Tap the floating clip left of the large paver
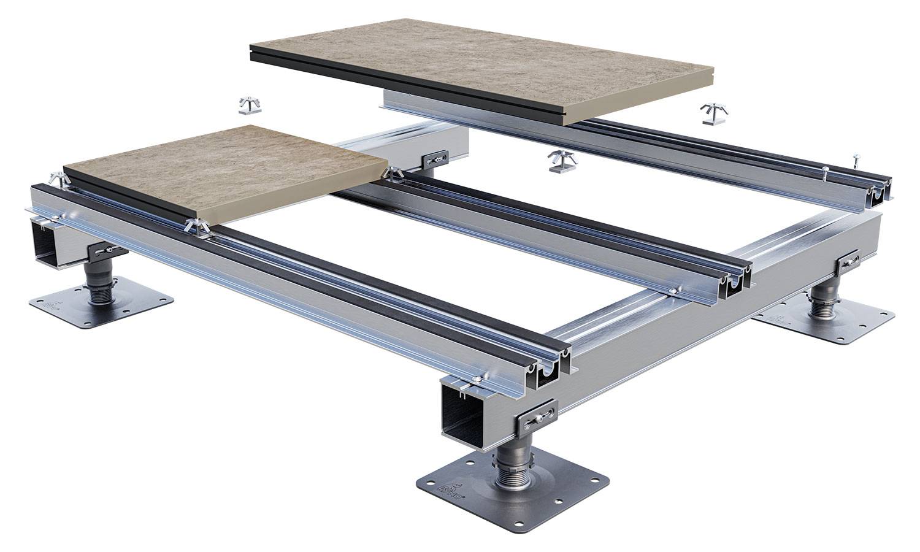tap(250, 105)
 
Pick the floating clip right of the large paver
tap(714, 114)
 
